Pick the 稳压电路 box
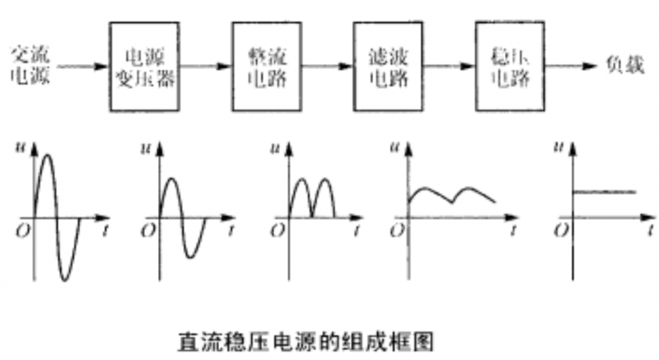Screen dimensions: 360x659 tap(509, 68)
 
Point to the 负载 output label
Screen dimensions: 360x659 tap(630, 66)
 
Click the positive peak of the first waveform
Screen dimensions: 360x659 tap(46, 157)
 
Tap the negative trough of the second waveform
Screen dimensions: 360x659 tap(192, 256)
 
